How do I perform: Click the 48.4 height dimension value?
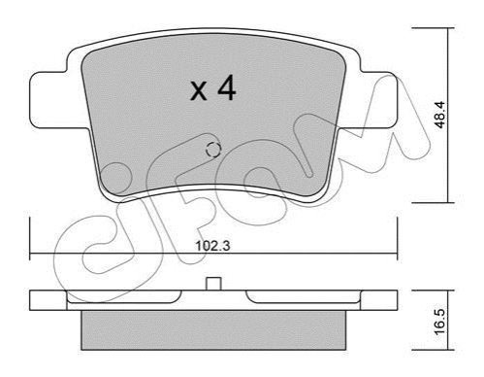tap(440, 115)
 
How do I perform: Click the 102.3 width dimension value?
tap(212, 246)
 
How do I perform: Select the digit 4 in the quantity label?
tap(227, 87)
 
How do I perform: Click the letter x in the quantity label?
tap(198, 91)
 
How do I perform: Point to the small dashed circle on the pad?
tap(213, 150)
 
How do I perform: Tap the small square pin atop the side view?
tap(213, 284)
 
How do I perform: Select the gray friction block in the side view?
tap(213, 330)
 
